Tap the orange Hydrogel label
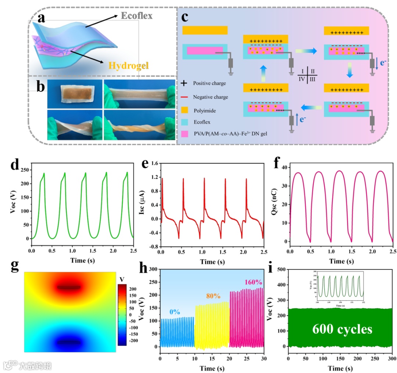(x=128, y=66)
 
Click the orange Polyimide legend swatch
(x=186, y=111)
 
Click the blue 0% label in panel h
(x=175, y=312)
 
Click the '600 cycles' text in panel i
(x=342, y=329)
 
